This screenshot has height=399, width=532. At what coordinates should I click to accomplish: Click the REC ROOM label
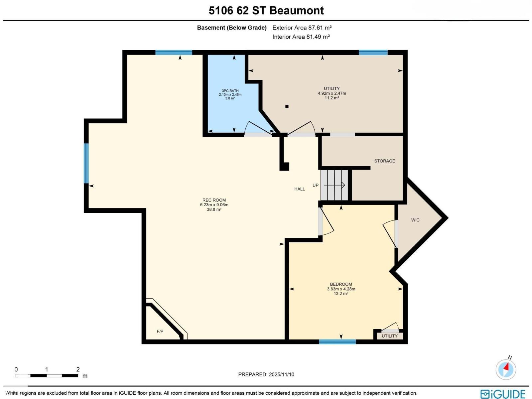[x=214, y=200]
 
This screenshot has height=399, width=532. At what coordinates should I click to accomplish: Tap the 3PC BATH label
[x=230, y=91]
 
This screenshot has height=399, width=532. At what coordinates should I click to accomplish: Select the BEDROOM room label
[x=341, y=284]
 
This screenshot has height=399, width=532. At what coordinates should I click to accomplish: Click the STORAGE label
[x=385, y=161]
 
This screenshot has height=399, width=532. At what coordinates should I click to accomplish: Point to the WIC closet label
[x=415, y=220]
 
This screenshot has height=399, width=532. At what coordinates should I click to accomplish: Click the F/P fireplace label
[x=160, y=332]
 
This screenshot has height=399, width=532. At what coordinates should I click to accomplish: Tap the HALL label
[x=300, y=189]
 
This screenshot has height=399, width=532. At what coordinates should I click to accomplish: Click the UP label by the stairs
[x=316, y=185]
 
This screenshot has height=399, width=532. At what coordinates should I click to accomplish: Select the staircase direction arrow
[x=334, y=185]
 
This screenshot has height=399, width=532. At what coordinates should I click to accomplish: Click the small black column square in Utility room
[x=287, y=106]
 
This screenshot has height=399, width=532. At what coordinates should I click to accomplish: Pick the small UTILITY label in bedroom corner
[x=390, y=336]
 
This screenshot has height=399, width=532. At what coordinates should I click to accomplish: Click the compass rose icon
[x=506, y=369]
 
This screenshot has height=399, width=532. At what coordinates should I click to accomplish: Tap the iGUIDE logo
[x=503, y=394]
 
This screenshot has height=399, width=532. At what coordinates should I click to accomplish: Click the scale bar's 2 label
[x=78, y=369]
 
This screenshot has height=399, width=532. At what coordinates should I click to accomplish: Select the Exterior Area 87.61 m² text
[x=302, y=28]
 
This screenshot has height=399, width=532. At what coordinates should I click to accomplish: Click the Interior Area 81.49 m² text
[x=301, y=37]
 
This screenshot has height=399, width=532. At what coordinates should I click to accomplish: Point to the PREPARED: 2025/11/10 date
[x=266, y=374]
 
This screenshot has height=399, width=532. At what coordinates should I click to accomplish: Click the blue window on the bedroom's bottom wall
[x=337, y=341]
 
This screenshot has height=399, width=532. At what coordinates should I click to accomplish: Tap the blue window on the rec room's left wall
[x=86, y=163]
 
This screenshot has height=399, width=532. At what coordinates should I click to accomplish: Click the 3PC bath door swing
[x=258, y=128]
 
